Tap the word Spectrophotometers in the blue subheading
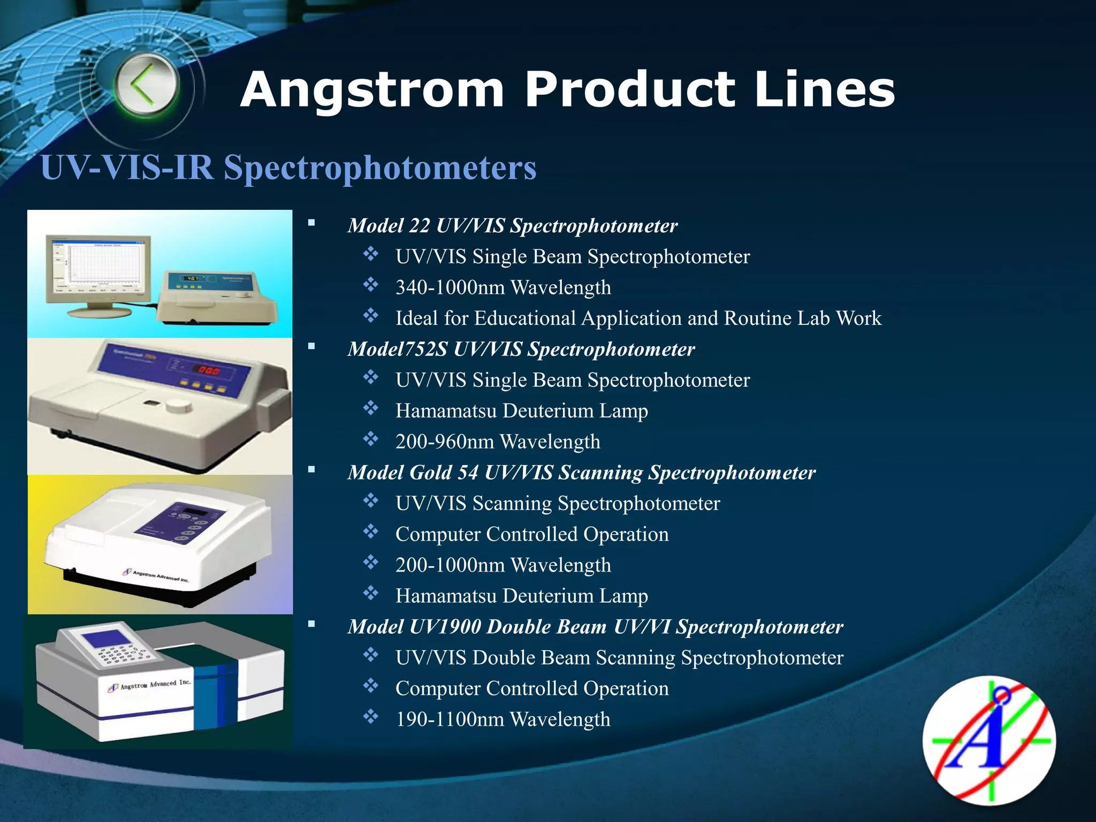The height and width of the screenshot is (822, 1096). pos(379,168)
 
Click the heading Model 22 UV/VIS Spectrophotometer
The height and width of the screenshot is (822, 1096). pos(512,226)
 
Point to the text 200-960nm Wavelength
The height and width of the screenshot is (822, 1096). pos(498,442)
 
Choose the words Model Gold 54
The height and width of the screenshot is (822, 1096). pos(413,473)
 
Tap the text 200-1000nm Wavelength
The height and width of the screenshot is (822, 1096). pos(503,566)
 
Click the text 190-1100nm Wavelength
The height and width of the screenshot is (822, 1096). pos(503,720)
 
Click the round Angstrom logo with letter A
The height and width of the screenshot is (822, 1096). pos(989,740)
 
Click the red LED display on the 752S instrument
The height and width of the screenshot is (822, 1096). pos(209,370)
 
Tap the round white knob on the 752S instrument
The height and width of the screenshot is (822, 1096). pos(178,406)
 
